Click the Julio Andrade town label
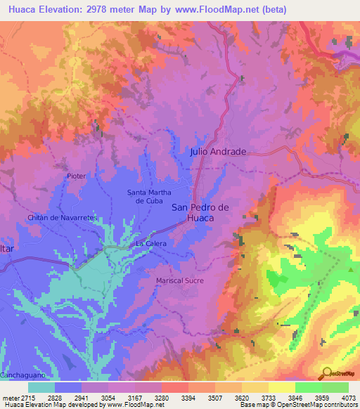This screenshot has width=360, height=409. [x=218, y=152]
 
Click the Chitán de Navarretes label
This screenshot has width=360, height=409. [x=61, y=218]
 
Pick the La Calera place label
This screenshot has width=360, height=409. [x=150, y=244]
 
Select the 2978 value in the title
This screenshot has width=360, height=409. [x=113, y=8]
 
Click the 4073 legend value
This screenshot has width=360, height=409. [x=348, y=397]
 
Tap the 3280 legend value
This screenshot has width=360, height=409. [x=161, y=397]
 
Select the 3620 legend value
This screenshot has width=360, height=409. [x=241, y=397]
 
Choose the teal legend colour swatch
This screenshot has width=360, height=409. [x=41, y=387]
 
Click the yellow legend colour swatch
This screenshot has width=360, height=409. [x=281, y=387]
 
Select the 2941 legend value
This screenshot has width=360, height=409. [x=82, y=397]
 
